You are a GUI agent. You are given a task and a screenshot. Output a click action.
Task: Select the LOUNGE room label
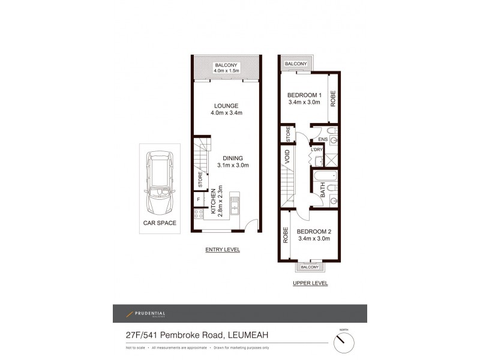[x=224, y=106]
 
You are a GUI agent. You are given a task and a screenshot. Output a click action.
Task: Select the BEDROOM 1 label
[x=304, y=95]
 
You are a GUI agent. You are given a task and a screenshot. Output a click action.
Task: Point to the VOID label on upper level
[x=288, y=157]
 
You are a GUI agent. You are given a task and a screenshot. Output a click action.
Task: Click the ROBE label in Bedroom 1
[x=334, y=98]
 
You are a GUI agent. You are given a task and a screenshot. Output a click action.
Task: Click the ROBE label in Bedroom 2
[x=285, y=235]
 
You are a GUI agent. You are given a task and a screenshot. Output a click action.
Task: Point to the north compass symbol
[x=343, y=343]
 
